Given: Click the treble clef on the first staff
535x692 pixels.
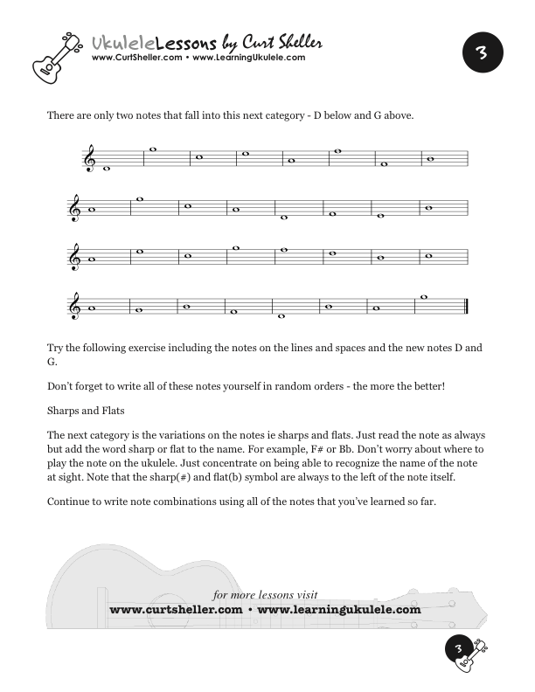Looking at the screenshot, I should coord(90,158).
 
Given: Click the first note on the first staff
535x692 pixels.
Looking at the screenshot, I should coord(107,169).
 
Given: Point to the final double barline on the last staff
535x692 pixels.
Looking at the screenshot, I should coord(468,307).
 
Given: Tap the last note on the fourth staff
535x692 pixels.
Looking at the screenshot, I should coord(424,297).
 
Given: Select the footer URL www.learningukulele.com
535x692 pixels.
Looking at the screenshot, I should coord(340,609).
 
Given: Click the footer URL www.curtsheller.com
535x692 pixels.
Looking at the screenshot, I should coord(176,609).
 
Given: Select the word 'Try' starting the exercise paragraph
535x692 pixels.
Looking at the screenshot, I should coord(56,347).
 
